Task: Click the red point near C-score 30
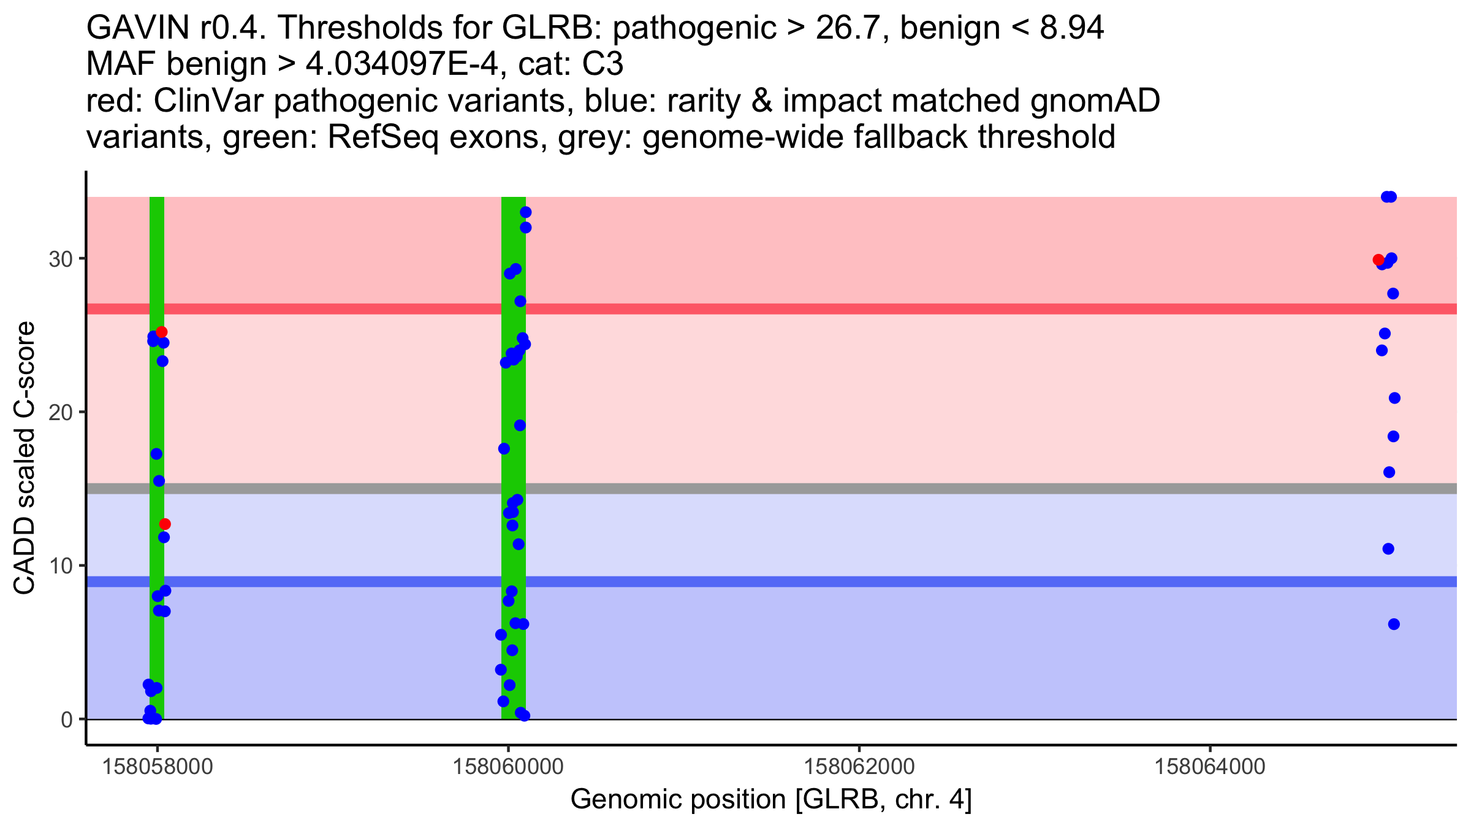coord(1378,260)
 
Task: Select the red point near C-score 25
coord(162,332)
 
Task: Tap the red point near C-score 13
coord(165,524)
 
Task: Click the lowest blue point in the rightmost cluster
coord(1394,624)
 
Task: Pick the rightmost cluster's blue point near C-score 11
coord(1388,549)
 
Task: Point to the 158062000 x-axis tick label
coord(859,767)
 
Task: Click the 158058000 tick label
coord(158,767)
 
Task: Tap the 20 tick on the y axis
coord(61,412)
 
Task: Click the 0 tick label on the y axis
coord(67,719)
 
